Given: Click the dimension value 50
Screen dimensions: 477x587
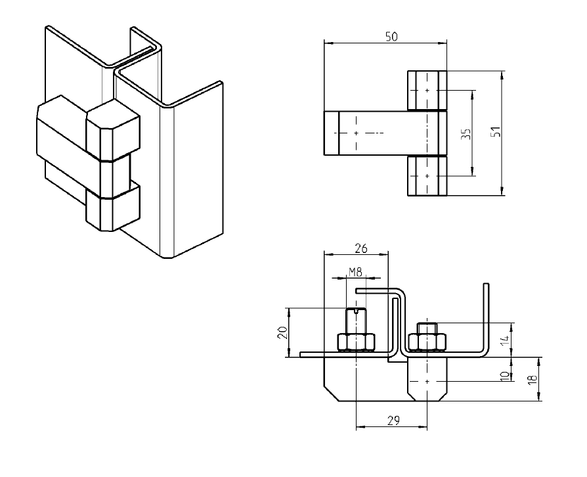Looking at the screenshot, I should click(x=390, y=37).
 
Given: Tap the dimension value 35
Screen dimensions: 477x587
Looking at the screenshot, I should click(x=466, y=135).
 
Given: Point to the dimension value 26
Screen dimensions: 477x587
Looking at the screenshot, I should click(x=360, y=248).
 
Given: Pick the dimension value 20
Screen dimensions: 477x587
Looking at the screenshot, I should click(x=282, y=332).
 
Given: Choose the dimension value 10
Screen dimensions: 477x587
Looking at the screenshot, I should click(x=504, y=375).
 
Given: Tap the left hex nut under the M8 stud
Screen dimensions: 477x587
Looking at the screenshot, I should click(x=355, y=342).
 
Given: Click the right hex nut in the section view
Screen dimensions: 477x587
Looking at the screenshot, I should click(x=427, y=342).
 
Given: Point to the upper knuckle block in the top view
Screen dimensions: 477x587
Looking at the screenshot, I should click(x=427, y=90).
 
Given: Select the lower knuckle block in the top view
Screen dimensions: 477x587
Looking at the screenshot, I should click(x=427, y=176).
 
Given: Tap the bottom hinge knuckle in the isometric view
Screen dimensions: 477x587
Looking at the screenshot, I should click(x=113, y=209).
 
